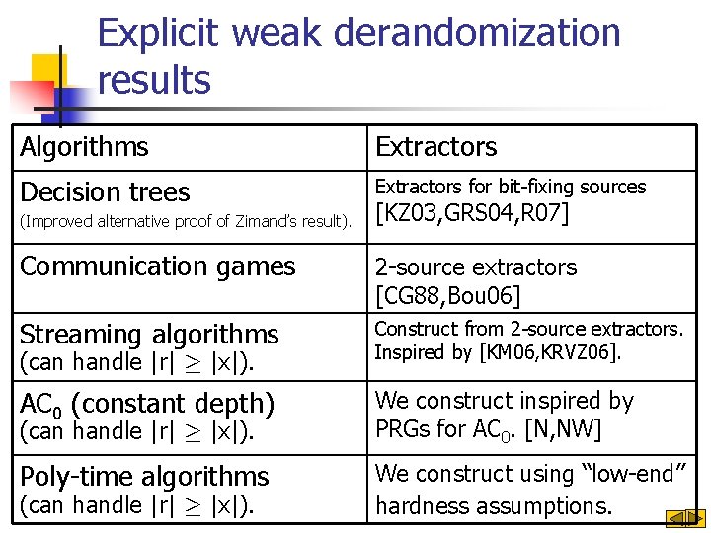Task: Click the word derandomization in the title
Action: pos(478,34)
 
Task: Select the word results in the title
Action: pos(154,80)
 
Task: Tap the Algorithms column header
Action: pos(84,147)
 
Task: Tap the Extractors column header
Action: pos(435,147)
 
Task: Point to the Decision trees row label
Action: pos(105,191)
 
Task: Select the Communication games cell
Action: pos(157,266)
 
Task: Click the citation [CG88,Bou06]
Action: pos(447,295)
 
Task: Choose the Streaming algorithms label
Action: pos(149,335)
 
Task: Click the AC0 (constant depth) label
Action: pos(146,404)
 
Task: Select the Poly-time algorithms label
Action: pos(144,477)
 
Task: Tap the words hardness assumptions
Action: pos(494,507)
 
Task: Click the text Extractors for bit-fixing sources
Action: pos(510,187)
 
